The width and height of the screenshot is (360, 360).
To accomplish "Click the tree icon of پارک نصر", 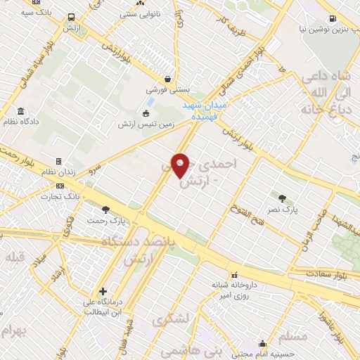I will point(283,198).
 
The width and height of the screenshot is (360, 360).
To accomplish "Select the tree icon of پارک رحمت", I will point(105,209).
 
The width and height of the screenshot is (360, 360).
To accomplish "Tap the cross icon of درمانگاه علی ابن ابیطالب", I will point(103,291).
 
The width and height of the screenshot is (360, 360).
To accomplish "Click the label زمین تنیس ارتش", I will point(146,124).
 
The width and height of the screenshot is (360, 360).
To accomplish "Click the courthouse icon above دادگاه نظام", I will point(20,111).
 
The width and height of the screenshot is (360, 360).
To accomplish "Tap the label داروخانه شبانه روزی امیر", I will point(235,290).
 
